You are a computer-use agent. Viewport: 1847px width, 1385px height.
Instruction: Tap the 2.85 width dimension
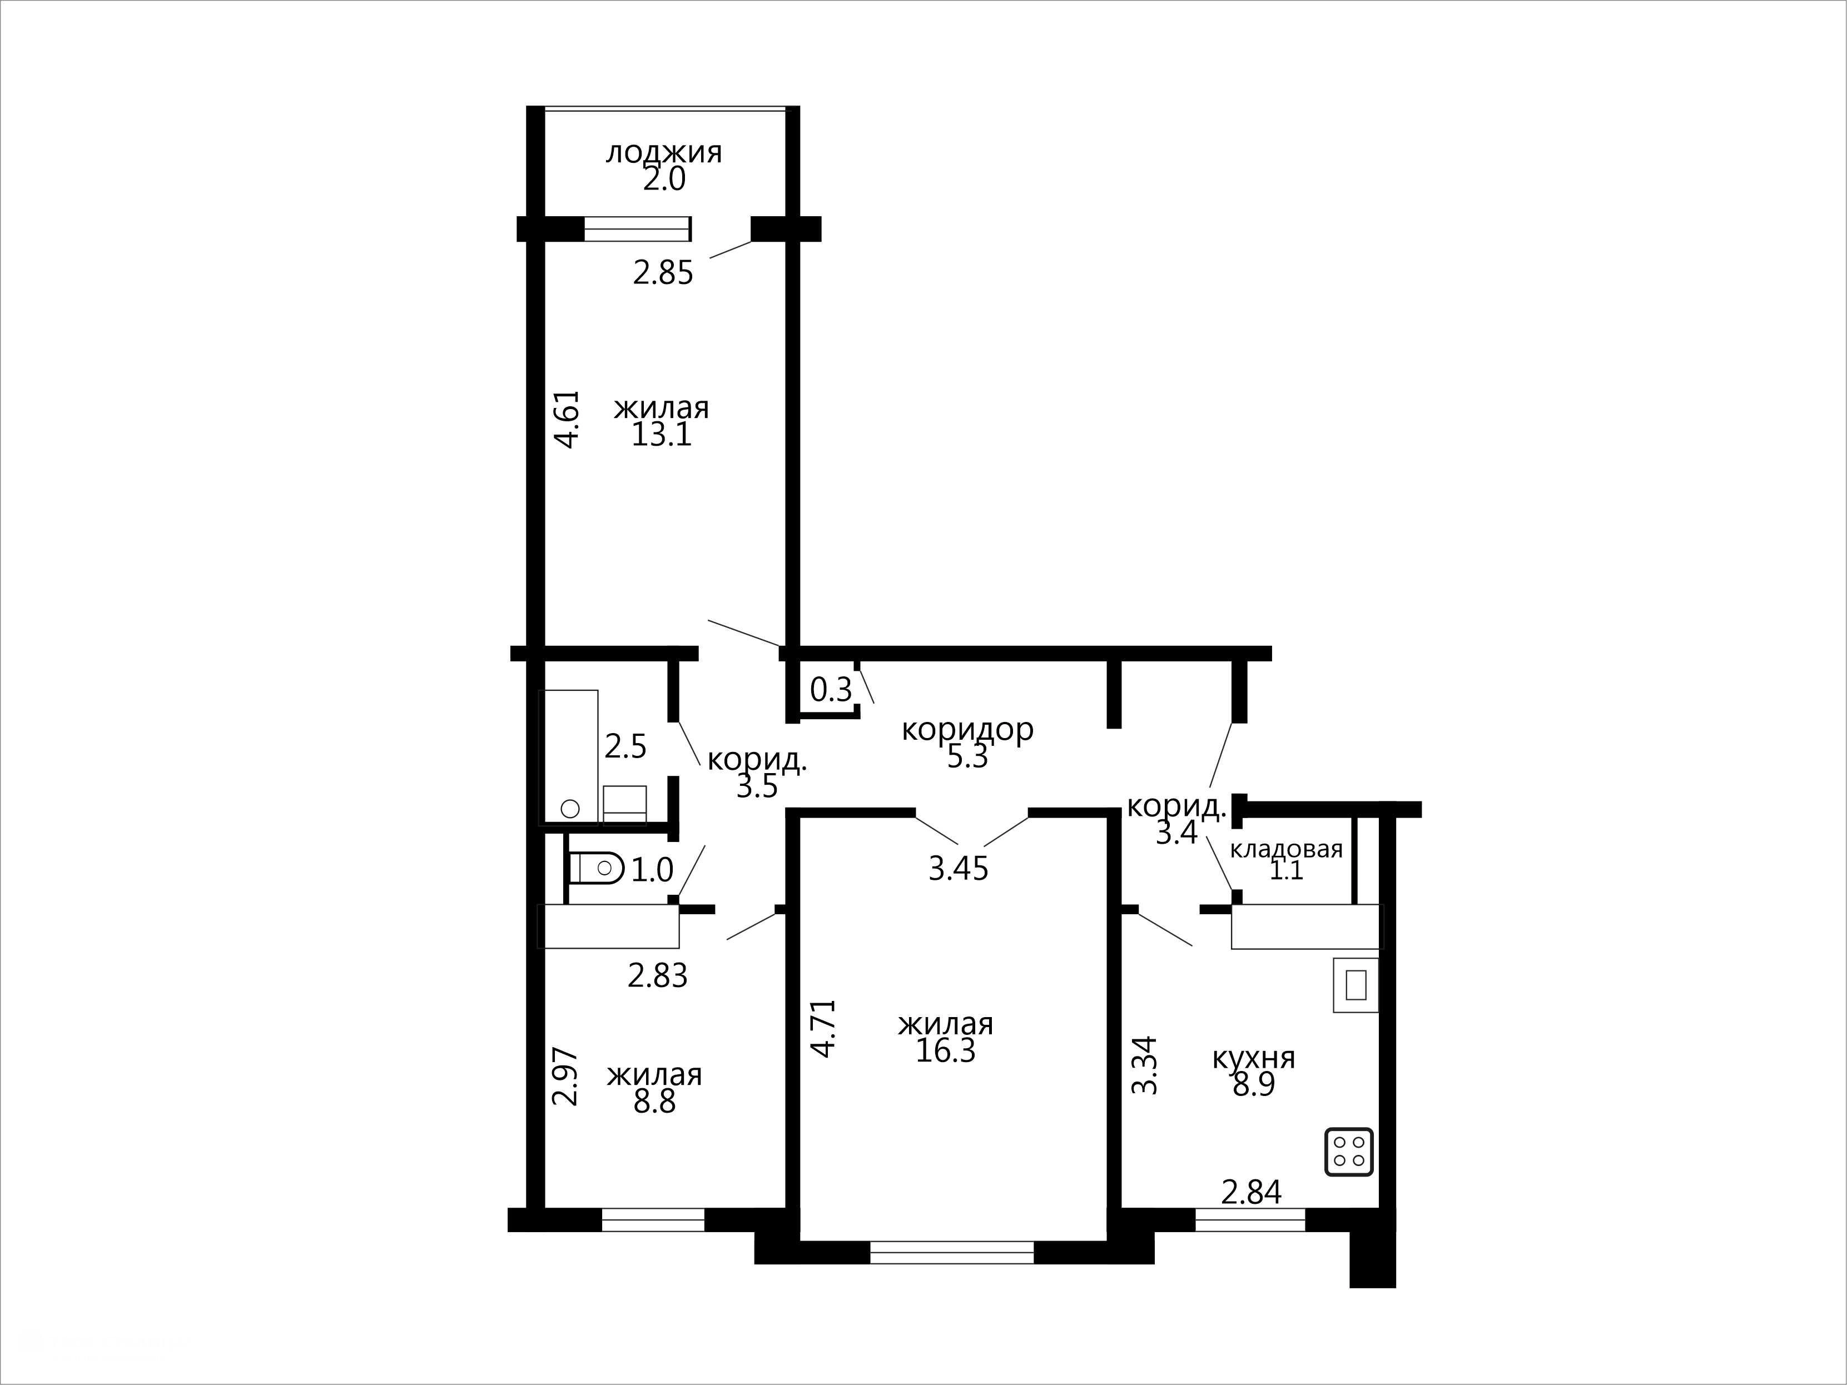tap(663, 273)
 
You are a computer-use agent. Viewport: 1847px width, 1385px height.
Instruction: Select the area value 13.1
tap(661, 435)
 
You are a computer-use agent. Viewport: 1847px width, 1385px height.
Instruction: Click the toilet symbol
tap(596, 868)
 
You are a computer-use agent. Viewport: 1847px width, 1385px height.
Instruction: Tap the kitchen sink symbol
tap(1355, 985)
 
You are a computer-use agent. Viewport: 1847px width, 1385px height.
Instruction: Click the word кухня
tap(1253, 1058)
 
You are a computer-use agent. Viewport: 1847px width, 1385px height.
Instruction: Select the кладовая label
tap(1286, 850)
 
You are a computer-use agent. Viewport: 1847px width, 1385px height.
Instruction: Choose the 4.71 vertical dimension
tap(824, 1029)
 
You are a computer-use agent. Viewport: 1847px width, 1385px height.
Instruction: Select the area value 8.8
tap(654, 1102)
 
